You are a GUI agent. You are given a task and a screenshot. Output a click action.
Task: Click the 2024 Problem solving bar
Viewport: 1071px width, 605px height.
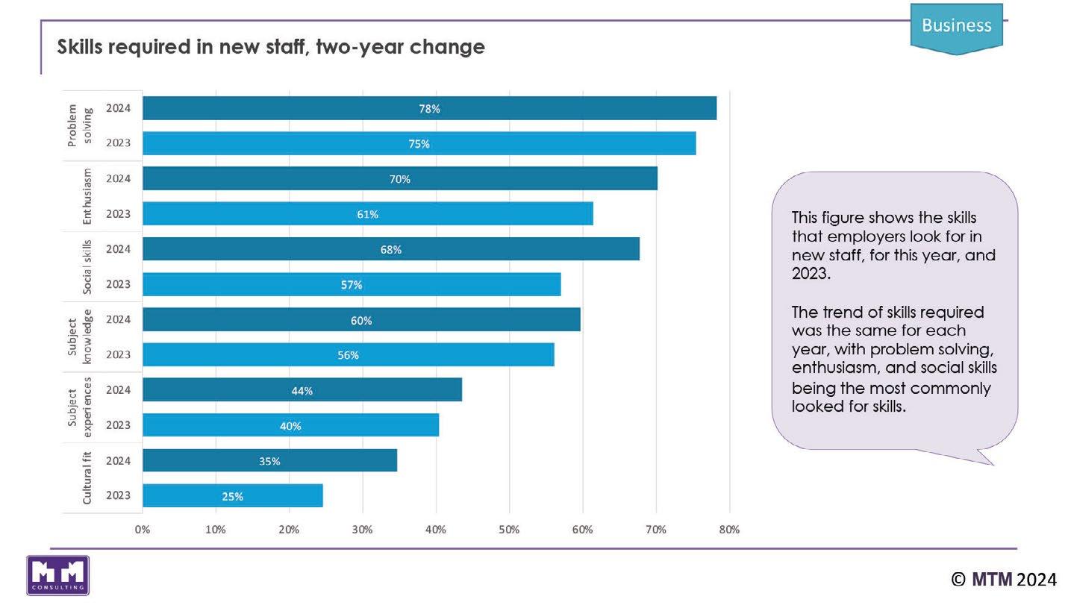click(x=429, y=108)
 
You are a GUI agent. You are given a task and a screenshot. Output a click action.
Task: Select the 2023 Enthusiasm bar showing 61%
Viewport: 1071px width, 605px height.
click(x=367, y=214)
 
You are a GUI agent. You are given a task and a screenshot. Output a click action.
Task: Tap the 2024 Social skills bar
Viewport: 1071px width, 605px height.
click(x=390, y=249)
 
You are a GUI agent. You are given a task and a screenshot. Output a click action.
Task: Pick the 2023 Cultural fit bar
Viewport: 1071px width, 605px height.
click(x=232, y=496)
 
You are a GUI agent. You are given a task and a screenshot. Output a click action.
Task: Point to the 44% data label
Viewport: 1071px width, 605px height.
click(x=302, y=391)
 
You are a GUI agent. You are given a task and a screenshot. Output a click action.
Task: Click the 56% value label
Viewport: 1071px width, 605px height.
click(x=348, y=355)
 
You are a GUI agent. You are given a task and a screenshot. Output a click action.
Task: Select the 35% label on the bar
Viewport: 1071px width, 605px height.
click(x=269, y=461)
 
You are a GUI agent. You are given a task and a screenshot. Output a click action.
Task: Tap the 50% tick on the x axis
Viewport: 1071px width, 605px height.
click(x=509, y=530)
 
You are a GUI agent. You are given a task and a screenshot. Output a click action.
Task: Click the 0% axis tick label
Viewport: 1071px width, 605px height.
click(x=143, y=530)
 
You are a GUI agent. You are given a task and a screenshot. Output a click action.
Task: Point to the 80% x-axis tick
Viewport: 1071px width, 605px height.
click(x=728, y=530)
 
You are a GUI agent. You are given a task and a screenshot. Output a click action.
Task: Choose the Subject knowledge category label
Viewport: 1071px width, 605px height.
click(x=79, y=337)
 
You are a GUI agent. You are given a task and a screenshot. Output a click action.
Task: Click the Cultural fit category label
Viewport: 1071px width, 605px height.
click(x=87, y=478)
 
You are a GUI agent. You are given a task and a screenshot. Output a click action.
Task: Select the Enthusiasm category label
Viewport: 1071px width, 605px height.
click(x=87, y=196)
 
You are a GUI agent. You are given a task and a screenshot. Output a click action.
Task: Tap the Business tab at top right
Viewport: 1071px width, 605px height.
click(x=956, y=26)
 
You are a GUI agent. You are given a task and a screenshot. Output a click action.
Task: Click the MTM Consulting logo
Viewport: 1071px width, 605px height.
click(x=57, y=575)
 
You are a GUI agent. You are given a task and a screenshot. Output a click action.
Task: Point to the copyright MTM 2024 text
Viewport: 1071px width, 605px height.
click(x=1003, y=579)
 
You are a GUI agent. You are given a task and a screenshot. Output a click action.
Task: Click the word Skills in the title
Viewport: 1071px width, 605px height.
click(x=81, y=47)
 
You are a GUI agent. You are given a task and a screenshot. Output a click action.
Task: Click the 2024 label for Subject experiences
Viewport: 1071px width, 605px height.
click(x=118, y=390)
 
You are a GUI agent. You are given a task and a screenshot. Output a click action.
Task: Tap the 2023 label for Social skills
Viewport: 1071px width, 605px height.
click(x=118, y=284)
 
